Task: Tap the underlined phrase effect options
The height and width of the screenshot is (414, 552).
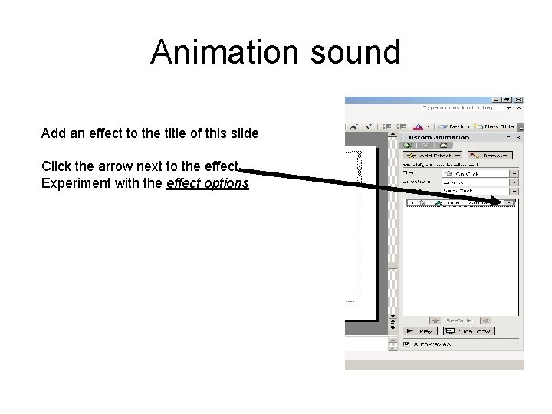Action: (x=207, y=184)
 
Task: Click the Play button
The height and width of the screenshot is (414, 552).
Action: (x=420, y=331)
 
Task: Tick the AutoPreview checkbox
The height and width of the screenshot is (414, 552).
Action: (x=406, y=344)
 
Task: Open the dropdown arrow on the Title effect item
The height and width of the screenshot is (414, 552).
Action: (x=509, y=202)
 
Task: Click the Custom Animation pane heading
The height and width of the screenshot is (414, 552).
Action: (x=443, y=136)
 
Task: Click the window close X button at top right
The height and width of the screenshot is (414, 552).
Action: (x=519, y=100)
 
